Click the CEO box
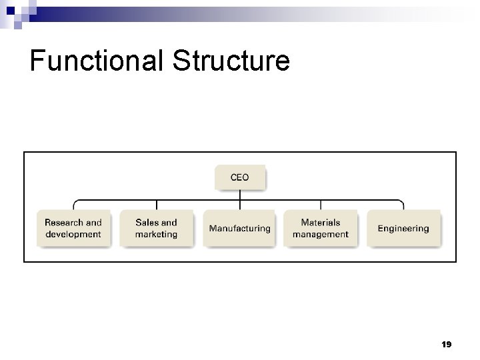pos(239,178)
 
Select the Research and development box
pos(73,229)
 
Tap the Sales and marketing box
pos(156,229)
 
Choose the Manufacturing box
pos(239,229)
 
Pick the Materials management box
pos(321,229)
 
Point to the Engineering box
pos(403,229)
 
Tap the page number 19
pos(447,344)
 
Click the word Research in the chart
pos(63,223)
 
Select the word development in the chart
pos(73,235)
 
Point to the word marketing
pos(156,235)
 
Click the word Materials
pos(321,223)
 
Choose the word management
pos(321,235)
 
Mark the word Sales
pos(147,223)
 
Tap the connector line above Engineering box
pos(403,205)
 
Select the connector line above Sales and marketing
pos(156,205)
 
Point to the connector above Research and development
pos(73,205)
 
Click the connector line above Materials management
pos(321,205)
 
